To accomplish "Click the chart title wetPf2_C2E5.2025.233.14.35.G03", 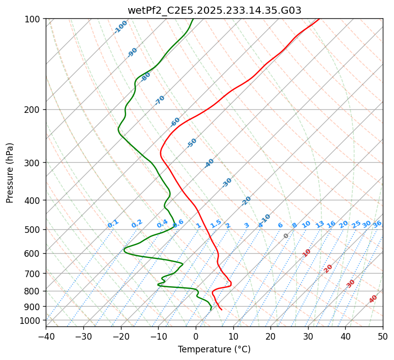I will click(x=214, y=10).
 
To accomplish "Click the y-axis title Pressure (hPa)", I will click(x=10, y=172).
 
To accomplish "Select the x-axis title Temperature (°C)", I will click(x=214, y=350).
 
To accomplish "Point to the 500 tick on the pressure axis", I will click(x=33, y=230).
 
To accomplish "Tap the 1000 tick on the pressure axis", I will click(x=31, y=320).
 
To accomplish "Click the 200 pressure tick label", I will click(x=33, y=110).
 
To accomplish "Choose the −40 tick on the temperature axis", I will click(x=46, y=336).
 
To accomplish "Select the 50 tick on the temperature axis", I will click(x=383, y=336).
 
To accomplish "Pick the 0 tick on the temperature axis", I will click(x=196, y=336).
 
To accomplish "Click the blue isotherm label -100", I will click(x=120, y=27).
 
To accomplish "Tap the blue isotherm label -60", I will click(x=175, y=122).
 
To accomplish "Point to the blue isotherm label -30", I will click(x=227, y=183).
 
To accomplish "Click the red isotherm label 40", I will click(x=373, y=299).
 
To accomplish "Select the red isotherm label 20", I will click(x=328, y=268).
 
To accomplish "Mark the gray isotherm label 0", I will click(x=286, y=236).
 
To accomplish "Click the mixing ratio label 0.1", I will click(x=113, y=223).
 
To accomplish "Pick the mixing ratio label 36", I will click(x=377, y=224).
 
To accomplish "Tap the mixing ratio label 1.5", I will click(x=216, y=223).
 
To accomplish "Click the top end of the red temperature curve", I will click(x=319, y=19).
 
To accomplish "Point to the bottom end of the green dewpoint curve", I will click(x=210, y=310).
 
